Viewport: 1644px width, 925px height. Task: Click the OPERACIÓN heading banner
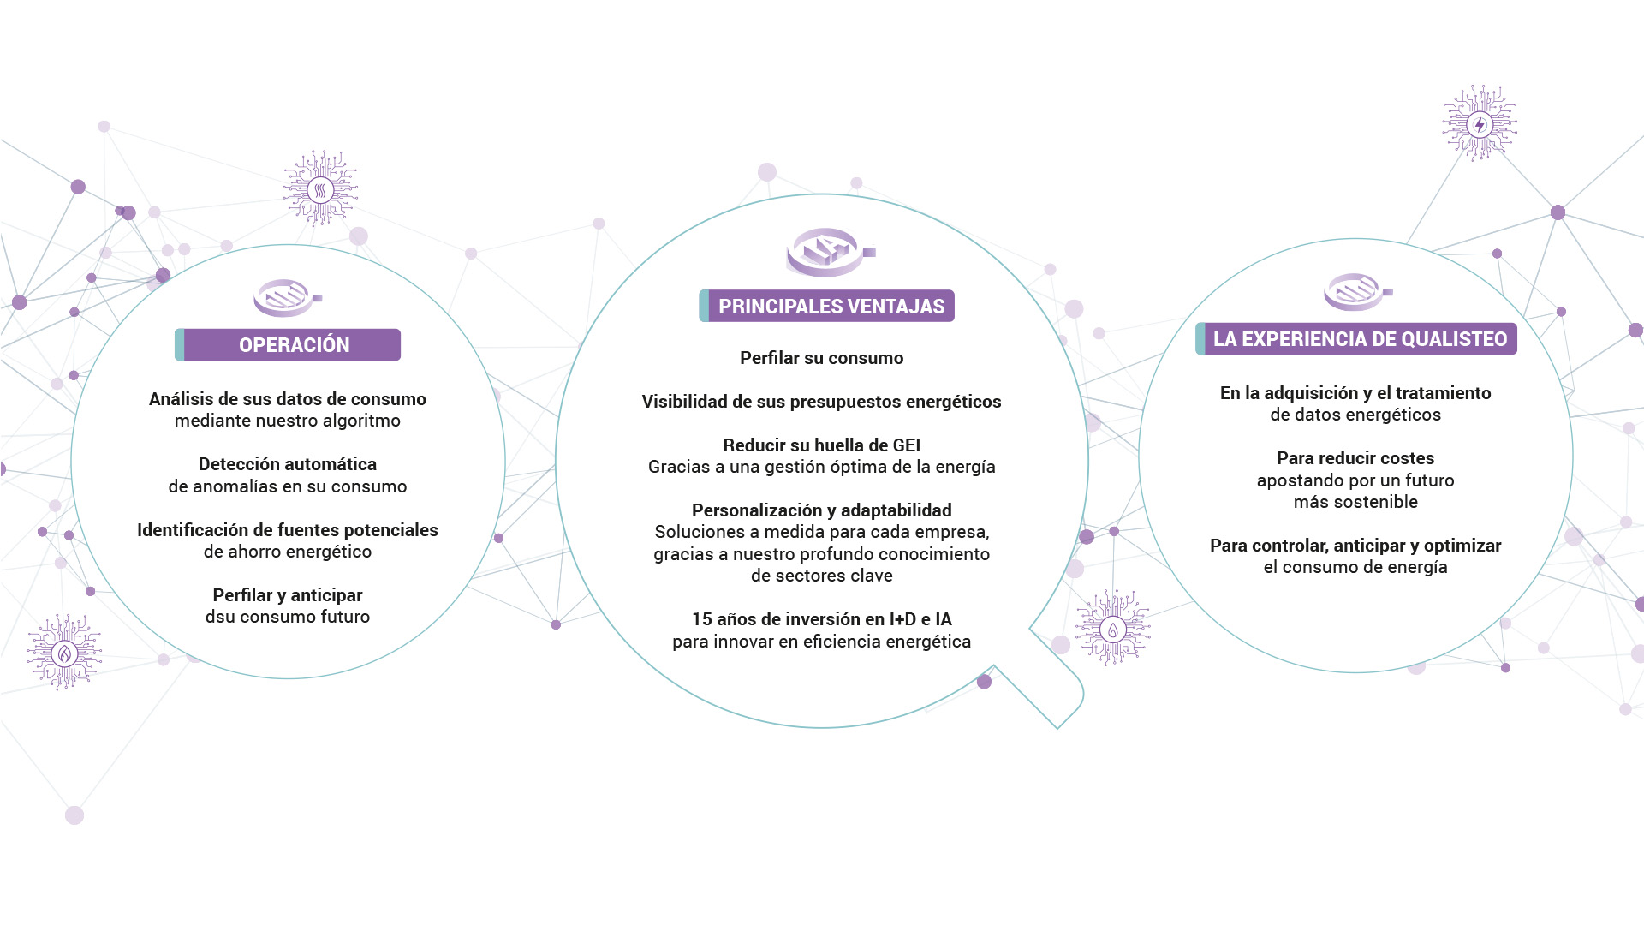click(288, 344)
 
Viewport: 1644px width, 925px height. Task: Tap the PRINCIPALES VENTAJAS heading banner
click(826, 306)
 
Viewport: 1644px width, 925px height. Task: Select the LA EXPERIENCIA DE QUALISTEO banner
click(1356, 338)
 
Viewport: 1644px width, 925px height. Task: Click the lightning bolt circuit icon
click(1480, 123)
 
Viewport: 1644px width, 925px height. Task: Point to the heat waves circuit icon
click(320, 188)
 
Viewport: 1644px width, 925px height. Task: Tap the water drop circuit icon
click(1113, 629)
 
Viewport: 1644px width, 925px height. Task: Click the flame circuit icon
click(64, 653)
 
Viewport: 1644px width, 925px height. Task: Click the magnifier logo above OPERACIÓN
click(288, 297)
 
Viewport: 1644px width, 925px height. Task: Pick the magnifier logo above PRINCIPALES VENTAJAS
click(831, 252)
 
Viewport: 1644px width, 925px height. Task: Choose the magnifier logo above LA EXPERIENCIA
click(1358, 291)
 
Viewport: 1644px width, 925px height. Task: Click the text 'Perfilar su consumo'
click(822, 358)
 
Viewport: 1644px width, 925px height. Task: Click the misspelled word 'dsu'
click(220, 617)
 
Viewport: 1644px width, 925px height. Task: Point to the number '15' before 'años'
click(701, 619)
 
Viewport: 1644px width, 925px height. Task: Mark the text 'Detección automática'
click(288, 464)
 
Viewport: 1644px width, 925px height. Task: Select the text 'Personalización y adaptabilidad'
click(822, 510)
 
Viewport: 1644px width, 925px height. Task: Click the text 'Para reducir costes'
click(1355, 458)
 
